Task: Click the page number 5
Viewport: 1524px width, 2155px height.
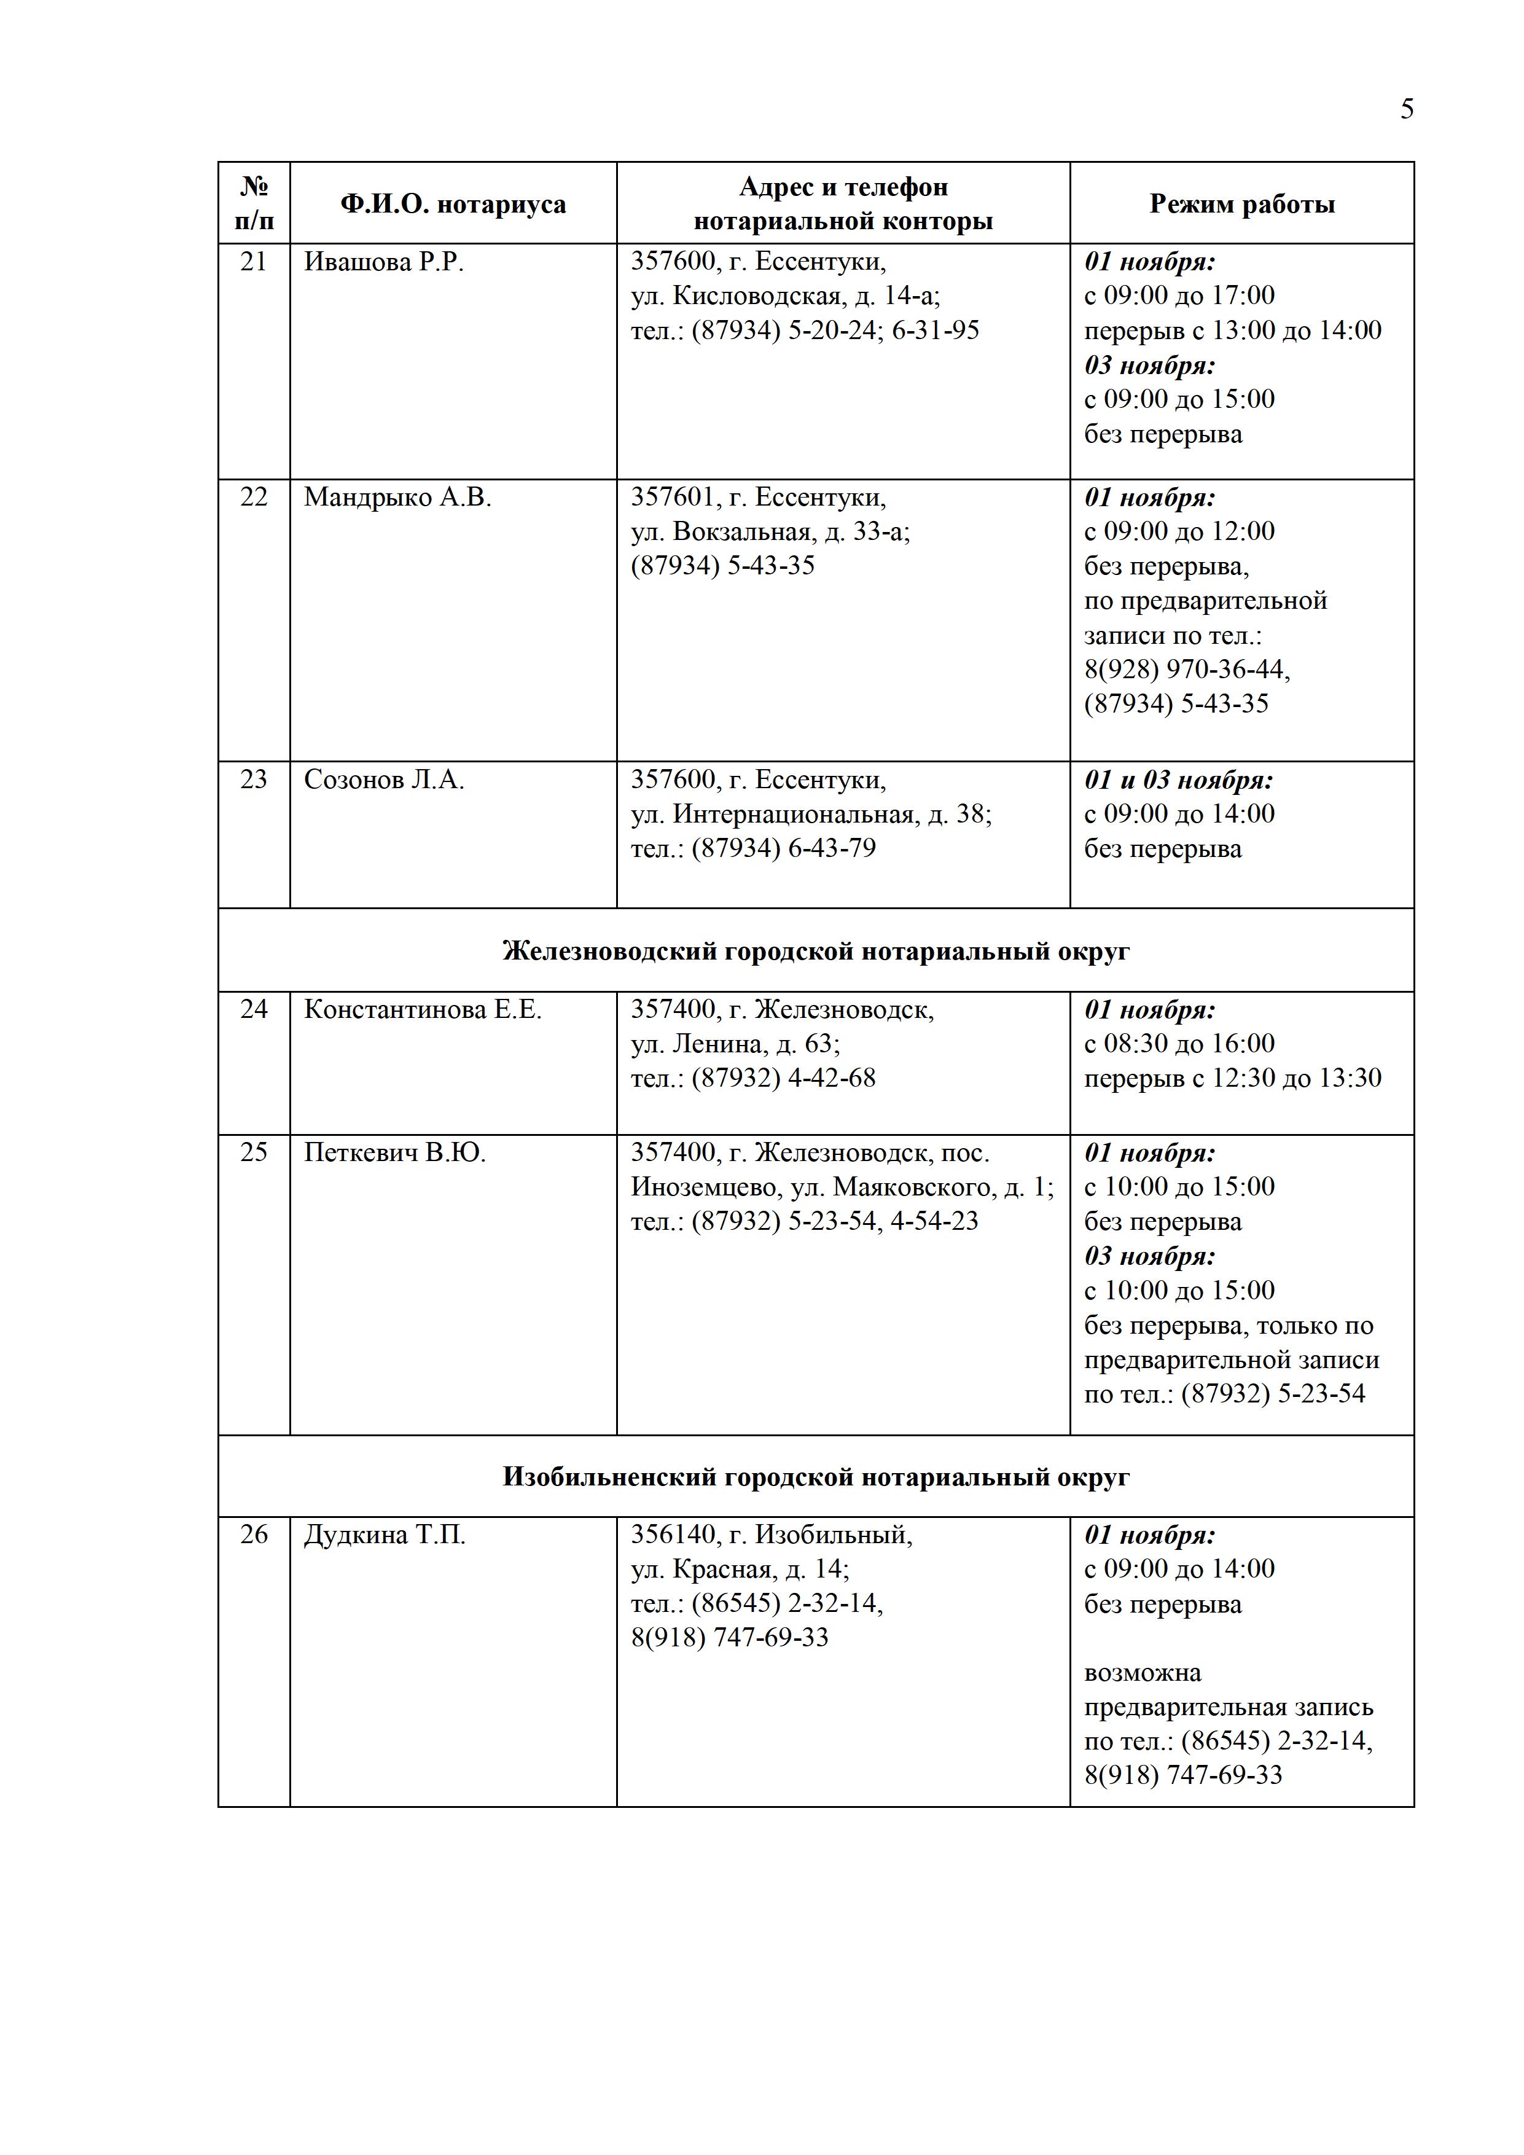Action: (1406, 110)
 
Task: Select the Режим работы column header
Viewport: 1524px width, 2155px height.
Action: (1241, 205)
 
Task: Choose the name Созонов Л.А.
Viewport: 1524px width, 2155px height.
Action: (384, 780)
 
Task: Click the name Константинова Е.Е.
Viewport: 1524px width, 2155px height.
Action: (422, 1010)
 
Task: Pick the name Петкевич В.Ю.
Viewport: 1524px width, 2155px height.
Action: (394, 1152)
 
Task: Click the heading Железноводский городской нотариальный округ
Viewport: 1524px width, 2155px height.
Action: (816, 952)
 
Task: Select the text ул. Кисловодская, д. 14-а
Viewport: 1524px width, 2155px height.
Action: (784, 297)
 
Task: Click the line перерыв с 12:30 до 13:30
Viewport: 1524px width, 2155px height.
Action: (1232, 1079)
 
